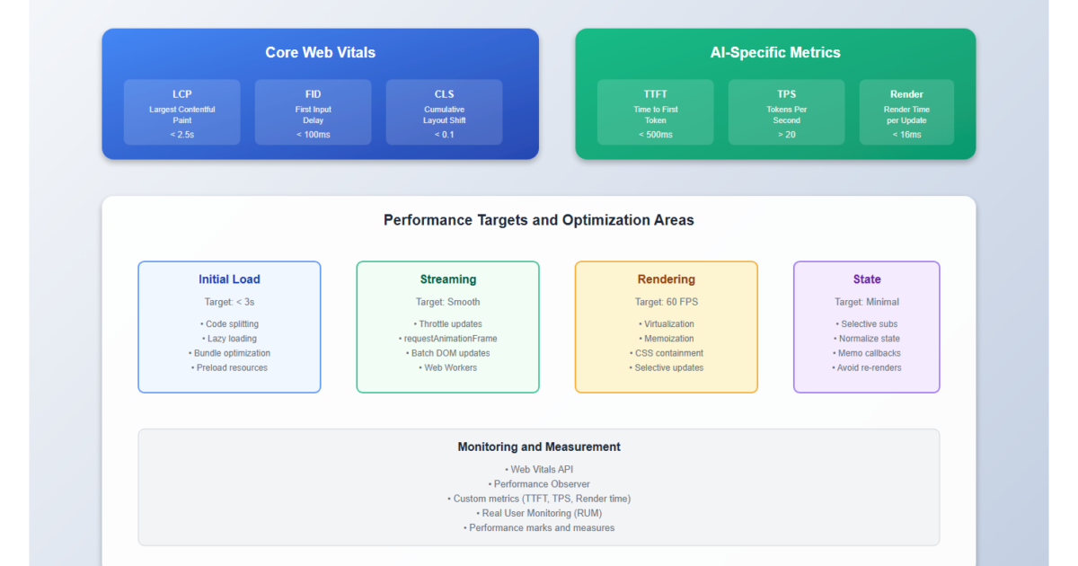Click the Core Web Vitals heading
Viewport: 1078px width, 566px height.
(320, 52)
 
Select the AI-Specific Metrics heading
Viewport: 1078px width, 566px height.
(775, 52)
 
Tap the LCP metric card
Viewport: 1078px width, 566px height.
(182, 112)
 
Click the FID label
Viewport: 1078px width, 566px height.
(313, 93)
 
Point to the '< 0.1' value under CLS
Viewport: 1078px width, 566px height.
(444, 135)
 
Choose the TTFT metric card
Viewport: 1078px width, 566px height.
(655, 112)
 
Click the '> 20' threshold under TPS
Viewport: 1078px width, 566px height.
(786, 135)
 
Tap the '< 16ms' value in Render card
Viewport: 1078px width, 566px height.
(906, 135)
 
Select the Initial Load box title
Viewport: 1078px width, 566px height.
(229, 279)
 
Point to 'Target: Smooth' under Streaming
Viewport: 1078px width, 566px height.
(447, 302)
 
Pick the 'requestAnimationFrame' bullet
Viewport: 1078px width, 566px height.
(447, 339)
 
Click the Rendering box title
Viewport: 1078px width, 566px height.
(666, 279)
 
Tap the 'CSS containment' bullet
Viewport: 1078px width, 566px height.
(666, 353)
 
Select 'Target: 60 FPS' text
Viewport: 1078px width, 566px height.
(666, 302)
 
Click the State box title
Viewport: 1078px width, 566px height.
(866, 279)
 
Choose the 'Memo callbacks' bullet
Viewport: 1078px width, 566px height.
(866, 353)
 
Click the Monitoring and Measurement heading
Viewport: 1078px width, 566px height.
(539, 447)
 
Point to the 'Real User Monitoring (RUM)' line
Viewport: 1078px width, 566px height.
(539, 513)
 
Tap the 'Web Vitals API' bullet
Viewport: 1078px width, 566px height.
(539, 469)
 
